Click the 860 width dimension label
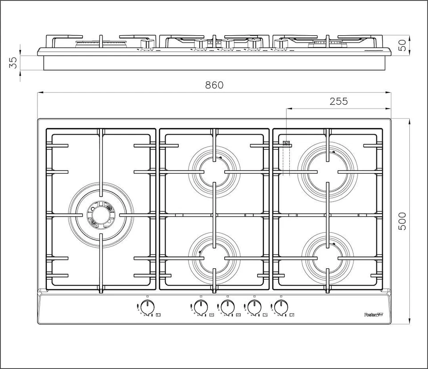tap(214, 85)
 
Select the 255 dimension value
tap(339, 101)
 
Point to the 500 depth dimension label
tap(403, 221)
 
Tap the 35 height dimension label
tap(13, 63)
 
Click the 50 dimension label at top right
tap(403, 45)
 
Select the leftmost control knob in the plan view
tap(148, 307)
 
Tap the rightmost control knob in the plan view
tap(281, 307)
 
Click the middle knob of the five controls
tap(227, 307)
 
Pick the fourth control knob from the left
tap(254, 307)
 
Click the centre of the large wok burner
tap(101, 214)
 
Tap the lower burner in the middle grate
tap(214, 258)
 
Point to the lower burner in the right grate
tap(328, 258)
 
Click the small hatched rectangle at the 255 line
tap(287, 143)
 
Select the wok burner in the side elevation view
tap(101, 44)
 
